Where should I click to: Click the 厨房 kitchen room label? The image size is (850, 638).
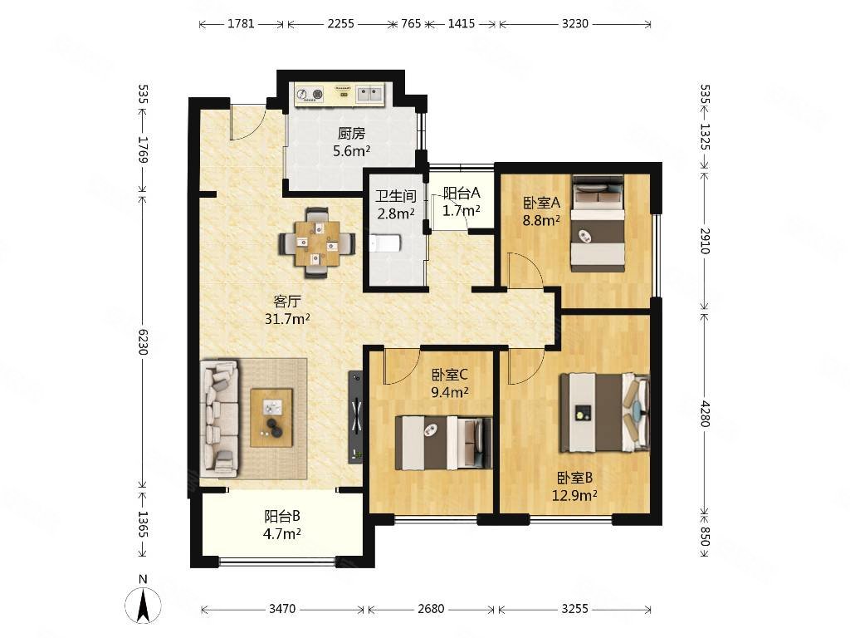(x=351, y=133)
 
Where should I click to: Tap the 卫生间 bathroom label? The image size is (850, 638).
(x=396, y=195)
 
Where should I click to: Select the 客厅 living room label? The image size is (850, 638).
(x=286, y=301)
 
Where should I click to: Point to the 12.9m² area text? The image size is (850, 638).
(x=574, y=495)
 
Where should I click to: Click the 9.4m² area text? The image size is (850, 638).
(x=449, y=392)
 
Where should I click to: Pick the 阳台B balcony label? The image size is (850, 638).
(x=282, y=516)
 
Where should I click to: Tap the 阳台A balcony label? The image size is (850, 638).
(x=462, y=193)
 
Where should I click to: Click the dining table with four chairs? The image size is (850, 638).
(x=318, y=243)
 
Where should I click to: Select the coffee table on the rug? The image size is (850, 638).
(x=271, y=418)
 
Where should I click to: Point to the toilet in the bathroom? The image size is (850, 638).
(x=385, y=243)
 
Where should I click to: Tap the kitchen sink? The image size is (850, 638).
(x=369, y=95)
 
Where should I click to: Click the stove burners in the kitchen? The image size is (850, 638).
(x=309, y=95)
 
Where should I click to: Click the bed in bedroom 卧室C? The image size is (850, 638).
(x=443, y=443)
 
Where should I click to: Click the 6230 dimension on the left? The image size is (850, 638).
(x=143, y=341)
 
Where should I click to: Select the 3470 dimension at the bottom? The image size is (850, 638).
(x=282, y=609)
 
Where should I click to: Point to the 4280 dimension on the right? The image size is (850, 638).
(x=704, y=413)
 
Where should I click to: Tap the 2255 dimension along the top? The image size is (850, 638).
(x=340, y=23)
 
